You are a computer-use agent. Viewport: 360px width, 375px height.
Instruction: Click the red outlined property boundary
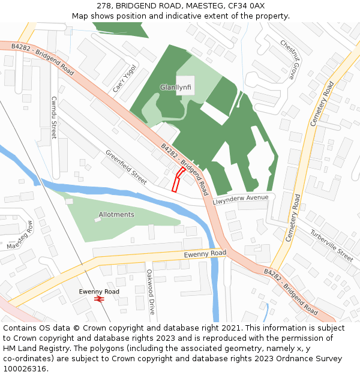[x=178, y=179]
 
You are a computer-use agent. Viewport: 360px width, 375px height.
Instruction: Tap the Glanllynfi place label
[x=175, y=88]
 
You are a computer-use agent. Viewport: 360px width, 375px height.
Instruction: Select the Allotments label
[x=116, y=215]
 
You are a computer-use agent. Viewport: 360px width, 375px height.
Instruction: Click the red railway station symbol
[x=100, y=298]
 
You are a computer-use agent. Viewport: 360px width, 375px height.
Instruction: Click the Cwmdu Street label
[x=54, y=118]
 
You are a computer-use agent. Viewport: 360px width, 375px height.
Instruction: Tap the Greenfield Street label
[x=126, y=167]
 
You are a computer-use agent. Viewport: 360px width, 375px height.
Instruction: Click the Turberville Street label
[x=331, y=245]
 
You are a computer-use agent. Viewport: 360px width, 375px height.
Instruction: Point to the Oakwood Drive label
[x=151, y=292]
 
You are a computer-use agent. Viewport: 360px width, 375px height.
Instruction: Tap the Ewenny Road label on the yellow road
[x=205, y=254]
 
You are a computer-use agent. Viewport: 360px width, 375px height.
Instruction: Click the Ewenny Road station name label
[x=99, y=292]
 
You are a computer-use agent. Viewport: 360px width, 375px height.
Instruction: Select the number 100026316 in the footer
[x=25, y=368]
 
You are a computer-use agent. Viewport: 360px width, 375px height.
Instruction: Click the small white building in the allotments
[x=97, y=220]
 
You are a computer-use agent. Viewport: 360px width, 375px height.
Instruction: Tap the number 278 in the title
[x=103, y=6]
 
